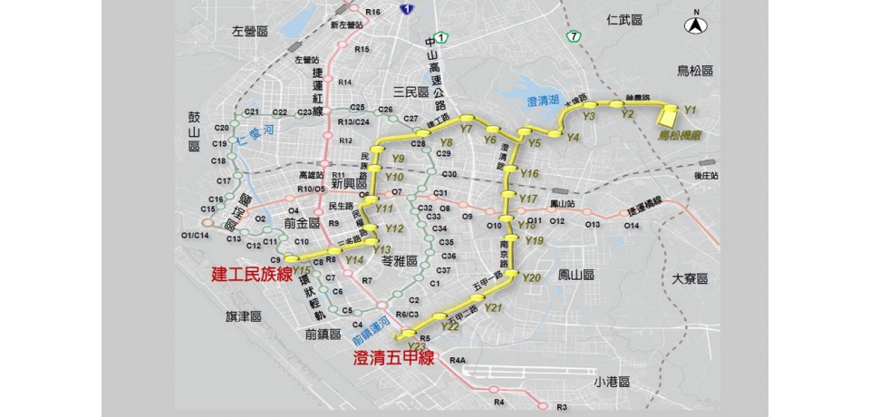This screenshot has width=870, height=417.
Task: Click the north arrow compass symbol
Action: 697,24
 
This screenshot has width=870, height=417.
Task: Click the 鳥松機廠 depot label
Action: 679,133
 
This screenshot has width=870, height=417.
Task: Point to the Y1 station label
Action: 691,109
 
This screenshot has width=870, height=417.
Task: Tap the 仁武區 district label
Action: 624,18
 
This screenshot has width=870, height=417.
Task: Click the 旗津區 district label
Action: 244,316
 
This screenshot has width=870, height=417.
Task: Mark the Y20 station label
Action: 532,277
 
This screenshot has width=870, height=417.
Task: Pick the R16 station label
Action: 372,11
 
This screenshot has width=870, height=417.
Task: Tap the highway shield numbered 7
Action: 574,36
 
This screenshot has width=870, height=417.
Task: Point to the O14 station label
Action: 632,225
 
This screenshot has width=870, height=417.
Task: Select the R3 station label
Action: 562,407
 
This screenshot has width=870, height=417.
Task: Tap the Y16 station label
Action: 529,173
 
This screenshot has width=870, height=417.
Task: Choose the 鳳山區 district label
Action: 576,273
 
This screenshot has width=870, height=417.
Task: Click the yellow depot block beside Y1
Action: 669,115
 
